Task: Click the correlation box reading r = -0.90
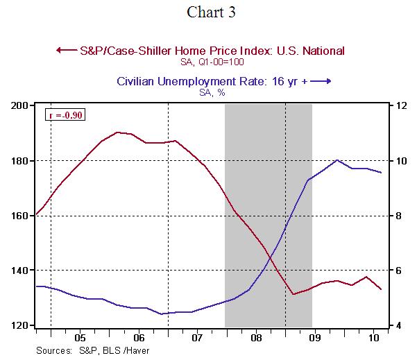65,115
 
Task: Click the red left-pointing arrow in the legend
66,50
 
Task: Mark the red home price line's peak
118,132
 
